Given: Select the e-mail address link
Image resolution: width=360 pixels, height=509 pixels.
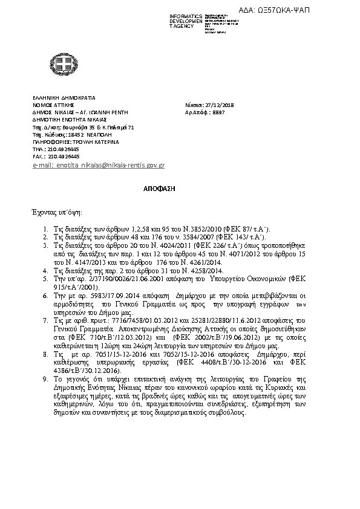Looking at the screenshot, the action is click(99, 165).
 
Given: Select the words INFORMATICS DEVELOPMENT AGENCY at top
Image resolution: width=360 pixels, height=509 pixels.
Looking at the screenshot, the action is click(186, 21).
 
